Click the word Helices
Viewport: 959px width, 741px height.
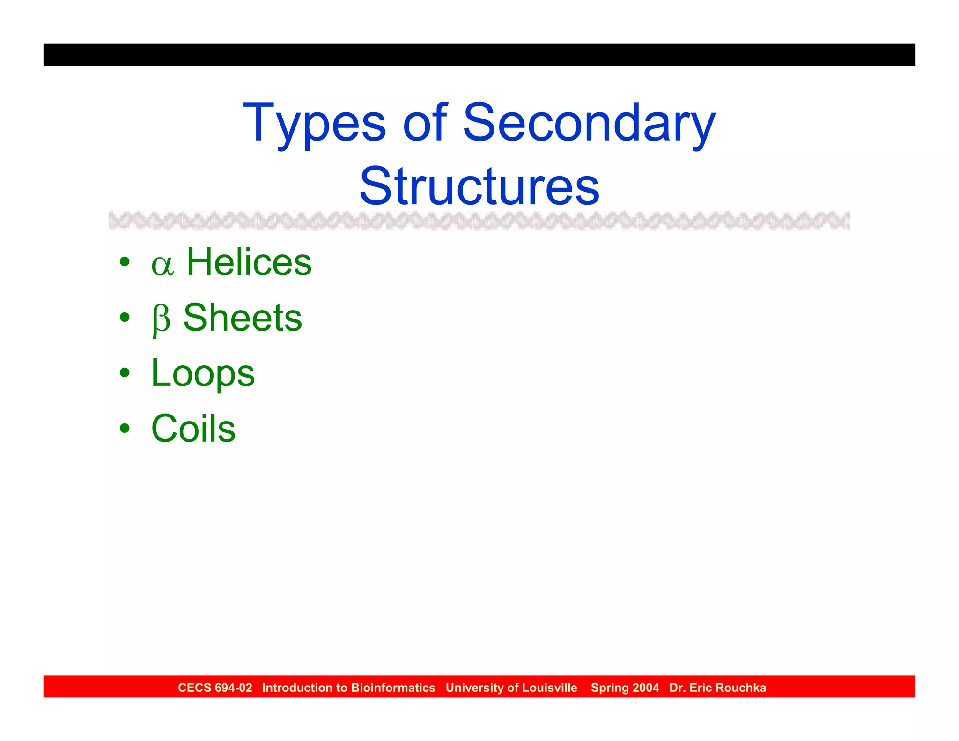click(x=249, y=262)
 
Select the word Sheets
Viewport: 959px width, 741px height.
click(x=243, y=318)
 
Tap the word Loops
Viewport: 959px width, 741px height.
click(x=203, y=373)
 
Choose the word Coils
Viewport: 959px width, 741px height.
click(x=193, y=429)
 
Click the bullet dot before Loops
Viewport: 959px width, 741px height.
click(x=125, y=373)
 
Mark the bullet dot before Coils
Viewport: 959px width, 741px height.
click(x=125, y=428)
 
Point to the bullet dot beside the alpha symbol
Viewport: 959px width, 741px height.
click(x=125, y=262)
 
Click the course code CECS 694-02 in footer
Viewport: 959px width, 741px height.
click(x=215, y=688)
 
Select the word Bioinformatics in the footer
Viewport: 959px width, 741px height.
click(x=393, y=688)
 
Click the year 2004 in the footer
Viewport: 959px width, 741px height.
click(x=645, y=688)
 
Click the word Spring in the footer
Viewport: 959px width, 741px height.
click(x=609, y=688)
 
